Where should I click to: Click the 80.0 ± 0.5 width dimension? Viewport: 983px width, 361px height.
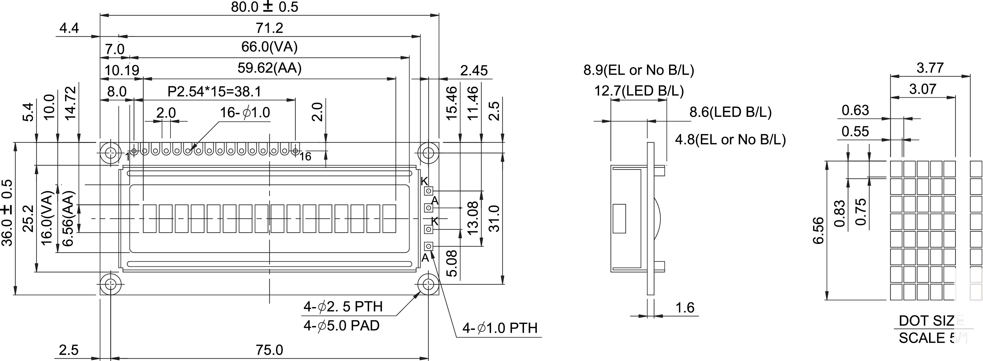(265, 7)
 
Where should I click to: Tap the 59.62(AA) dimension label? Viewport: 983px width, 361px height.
(269, 68)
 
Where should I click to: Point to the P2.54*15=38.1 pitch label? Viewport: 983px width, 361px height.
(215, 92)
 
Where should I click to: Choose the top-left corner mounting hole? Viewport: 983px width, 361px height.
(111, 153)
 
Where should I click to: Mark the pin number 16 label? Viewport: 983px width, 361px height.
(305, 156)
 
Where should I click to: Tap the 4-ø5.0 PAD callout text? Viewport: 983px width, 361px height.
(341, 326)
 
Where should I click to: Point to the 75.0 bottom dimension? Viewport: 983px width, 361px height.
(269, 350)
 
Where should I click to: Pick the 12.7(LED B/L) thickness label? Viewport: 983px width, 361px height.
(639, 91)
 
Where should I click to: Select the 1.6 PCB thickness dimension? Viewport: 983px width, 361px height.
(685, 308)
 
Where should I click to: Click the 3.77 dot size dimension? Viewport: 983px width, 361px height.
(930, 68)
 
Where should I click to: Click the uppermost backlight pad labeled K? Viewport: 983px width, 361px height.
(428, 191)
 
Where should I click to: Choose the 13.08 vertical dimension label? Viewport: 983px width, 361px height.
(472, 218)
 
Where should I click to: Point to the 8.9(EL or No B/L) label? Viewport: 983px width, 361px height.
(638, 70)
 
